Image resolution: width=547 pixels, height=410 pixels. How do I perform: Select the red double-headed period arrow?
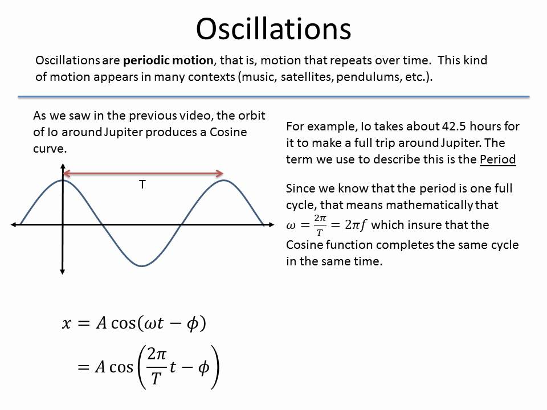click(x=142, y=173)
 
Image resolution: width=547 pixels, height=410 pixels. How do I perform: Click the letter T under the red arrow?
click(x=142, y=185)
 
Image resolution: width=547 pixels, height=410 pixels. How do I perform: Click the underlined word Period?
click(x=497, y=159)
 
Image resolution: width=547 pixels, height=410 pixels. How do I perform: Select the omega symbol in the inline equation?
click(x=291, y=225)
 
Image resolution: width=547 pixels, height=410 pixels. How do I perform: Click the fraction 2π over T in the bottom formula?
click(x=156, y=367)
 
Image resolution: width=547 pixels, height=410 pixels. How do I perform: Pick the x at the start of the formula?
click(x=67, y=324)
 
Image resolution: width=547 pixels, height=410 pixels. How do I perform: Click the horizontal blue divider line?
click(x=273, y=96)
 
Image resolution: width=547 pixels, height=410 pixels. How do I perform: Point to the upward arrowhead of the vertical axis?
click(x=62, y=167)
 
